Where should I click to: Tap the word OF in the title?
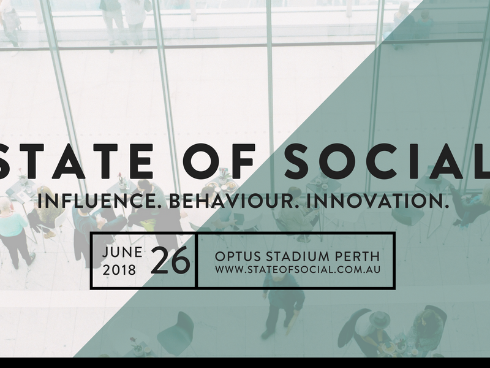[x=219, y=161]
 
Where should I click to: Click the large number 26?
[x=171, y=260]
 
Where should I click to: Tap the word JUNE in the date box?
[x=122, y=252]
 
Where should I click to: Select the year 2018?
[x=119, y=270]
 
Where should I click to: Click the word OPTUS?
[x=238, y=256]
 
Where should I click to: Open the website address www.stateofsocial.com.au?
[x=298, y=269]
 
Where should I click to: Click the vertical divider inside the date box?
[x=196, y=260]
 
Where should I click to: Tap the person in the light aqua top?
[x=15, y=232]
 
